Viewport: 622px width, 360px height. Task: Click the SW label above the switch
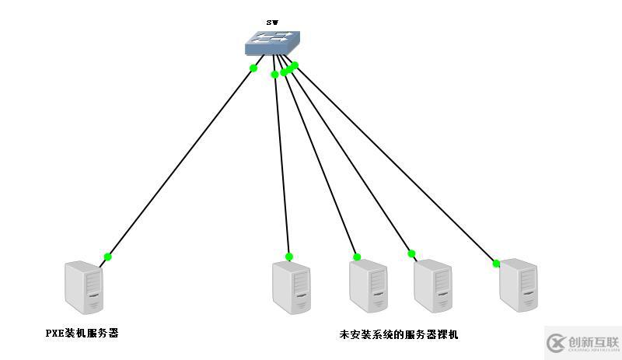point(272,23)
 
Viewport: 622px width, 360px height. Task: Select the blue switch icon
point(272,44)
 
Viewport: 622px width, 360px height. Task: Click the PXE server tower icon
point(84,288)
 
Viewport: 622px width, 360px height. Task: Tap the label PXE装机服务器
point(82,334)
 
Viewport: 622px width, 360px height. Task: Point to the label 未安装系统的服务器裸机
point(399,335)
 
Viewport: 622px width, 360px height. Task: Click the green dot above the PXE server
point(108,257)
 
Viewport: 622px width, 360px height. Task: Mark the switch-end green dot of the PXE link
point(253,68)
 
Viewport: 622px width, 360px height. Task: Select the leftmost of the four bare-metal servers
point(292,288)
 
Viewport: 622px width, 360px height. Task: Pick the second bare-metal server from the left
point(368,286)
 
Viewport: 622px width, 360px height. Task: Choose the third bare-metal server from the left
point(433,285)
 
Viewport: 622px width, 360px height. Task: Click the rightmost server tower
point(519,285)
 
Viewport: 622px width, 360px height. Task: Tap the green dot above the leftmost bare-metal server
point(289,257)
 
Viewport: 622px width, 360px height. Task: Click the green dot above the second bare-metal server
point(357,257)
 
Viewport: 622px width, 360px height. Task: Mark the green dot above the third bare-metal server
point(411,253)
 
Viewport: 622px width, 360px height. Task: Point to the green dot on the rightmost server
point(496,263)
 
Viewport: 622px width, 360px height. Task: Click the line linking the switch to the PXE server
point(180,163)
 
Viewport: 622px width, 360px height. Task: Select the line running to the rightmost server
point(395,164)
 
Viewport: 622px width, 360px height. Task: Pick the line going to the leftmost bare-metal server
point(281,163)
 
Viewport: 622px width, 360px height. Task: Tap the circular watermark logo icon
point(556,343)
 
